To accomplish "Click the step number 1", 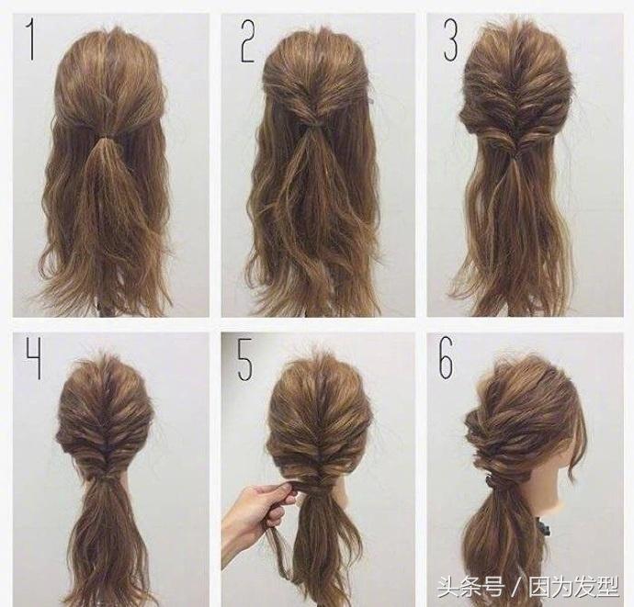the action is click(x=30, y=39).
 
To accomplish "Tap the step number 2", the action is click(x=248, y=42).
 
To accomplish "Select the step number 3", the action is click(x=451, y=40).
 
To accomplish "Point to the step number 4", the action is click(x=34, y=359).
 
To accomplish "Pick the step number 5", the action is click(x=245, y=359).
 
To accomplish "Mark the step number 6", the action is click(x=447, y=358).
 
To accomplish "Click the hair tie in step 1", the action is click(x=106, y=140).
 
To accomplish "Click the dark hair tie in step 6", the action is click(x=494, y=483).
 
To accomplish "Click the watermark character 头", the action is click(x=447, y=587).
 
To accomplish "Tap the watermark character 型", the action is click(x=607, y=587).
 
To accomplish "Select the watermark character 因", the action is click(x=539, y=587).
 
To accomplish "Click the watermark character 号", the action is click(x=493, y=587).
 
